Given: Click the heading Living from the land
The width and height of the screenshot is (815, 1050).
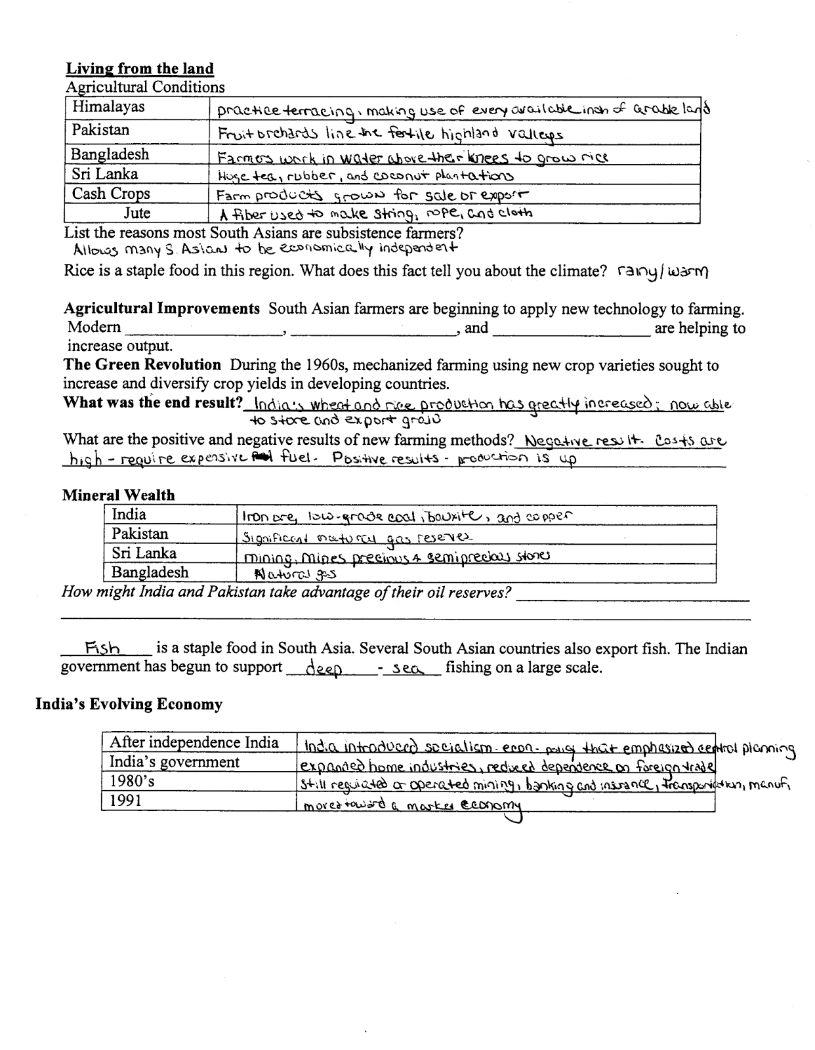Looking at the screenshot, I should coord(140,69).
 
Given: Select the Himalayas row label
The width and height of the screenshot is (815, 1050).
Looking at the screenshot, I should coord(108,107).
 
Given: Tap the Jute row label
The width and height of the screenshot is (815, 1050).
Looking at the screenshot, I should coord(137,213).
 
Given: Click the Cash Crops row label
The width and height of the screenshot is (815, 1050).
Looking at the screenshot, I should coord(111,194).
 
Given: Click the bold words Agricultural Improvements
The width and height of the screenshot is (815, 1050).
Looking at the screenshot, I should coord(161,308).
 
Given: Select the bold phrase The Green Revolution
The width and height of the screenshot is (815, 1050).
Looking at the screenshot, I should coord(142,365).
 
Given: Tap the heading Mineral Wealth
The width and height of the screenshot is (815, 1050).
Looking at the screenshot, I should coord(119,495).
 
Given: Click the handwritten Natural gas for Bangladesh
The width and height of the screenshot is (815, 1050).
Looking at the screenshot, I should coord(287,574).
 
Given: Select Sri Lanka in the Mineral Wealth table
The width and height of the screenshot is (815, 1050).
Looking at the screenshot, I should coord(144,553).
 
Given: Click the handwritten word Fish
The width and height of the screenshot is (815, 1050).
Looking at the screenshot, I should coord(103,649).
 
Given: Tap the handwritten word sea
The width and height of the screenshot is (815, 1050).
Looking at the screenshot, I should coord(409,669).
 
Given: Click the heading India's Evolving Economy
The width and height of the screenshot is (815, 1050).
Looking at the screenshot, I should coord(129,705).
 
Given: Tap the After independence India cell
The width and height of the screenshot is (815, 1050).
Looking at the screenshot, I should coord(194,743).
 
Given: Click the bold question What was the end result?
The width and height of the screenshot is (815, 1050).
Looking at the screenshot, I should coord(153,402).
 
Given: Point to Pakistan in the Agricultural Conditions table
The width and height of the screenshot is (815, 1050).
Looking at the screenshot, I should coord(101,130).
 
